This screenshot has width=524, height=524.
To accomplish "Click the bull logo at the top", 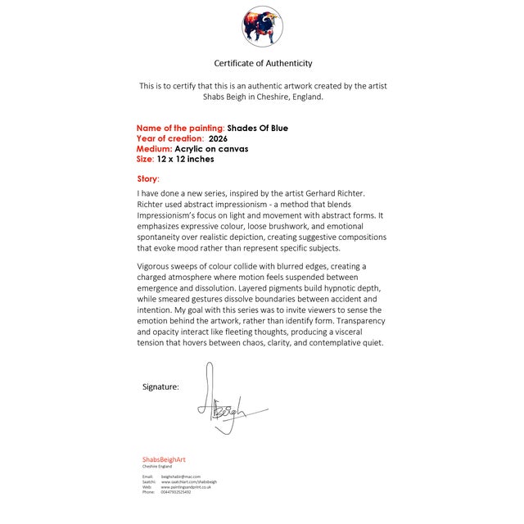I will (262, 26).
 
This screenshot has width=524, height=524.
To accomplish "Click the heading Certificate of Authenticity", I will (263, 63).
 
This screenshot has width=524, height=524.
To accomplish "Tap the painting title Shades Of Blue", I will (257, 128).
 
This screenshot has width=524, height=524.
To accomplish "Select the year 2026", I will (218, 138).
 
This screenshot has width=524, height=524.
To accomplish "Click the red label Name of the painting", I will (180, 128).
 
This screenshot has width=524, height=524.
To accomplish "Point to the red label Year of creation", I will (169, 138).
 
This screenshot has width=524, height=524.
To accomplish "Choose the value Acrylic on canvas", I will (211, 149).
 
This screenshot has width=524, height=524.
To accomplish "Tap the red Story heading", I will (148, 178).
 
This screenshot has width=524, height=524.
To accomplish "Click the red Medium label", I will (154, 149).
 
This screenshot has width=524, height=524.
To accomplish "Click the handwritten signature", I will (225, 402).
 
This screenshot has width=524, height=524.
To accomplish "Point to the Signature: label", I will (160, 386).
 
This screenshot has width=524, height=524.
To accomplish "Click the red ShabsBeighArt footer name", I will (164, 459).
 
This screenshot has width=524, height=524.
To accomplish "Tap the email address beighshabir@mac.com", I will (181, 476).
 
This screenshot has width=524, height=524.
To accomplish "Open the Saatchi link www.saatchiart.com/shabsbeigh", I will (189, 481).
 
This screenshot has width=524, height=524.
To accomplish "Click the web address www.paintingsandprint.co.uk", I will (186, 487).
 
